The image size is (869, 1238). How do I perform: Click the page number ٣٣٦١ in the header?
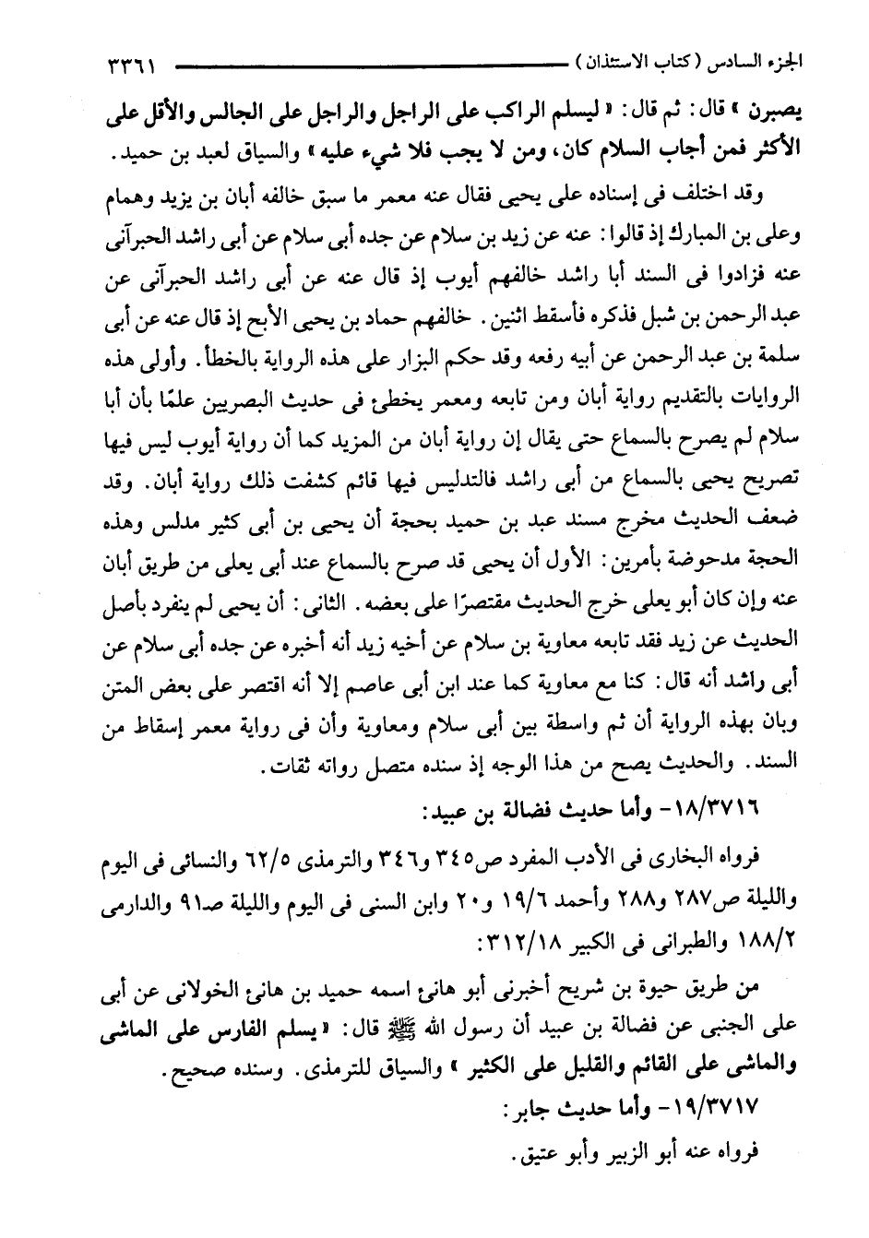129,67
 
